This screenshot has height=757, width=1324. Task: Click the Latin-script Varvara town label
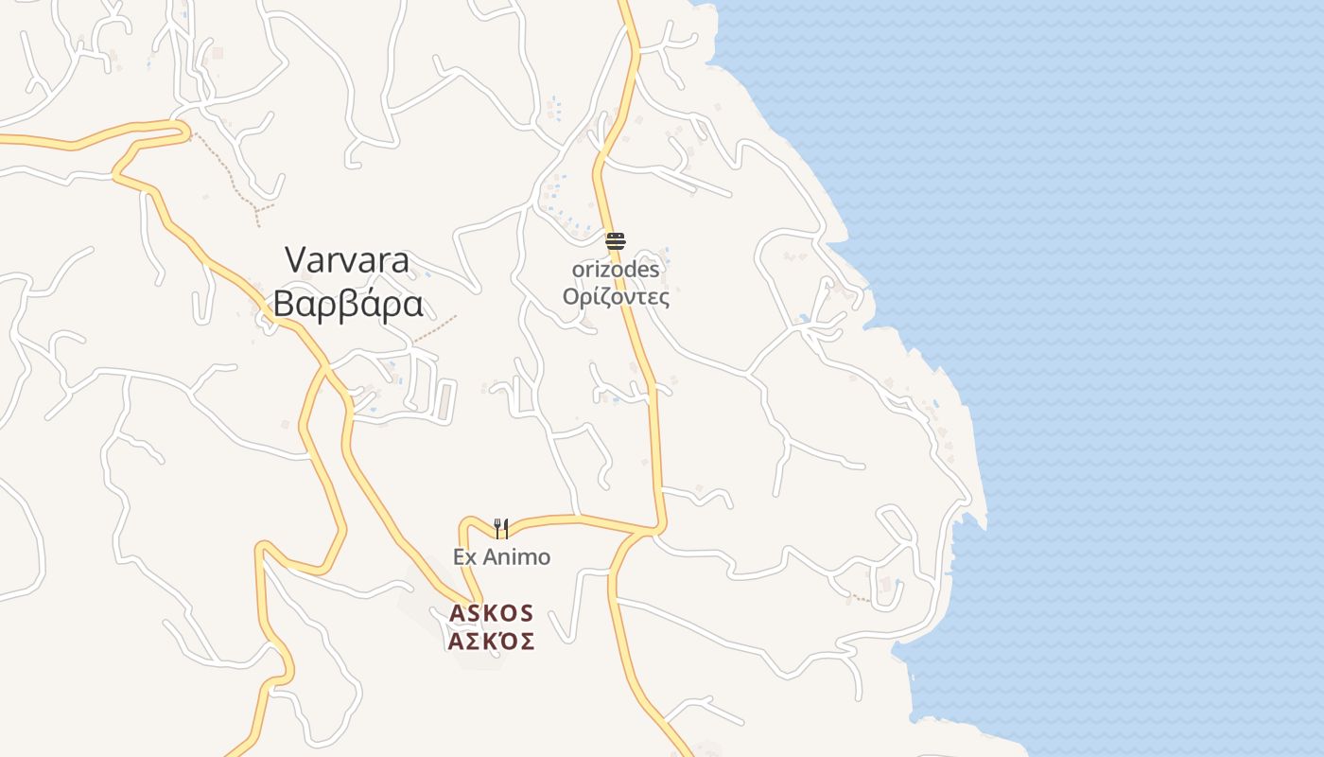point(347,260)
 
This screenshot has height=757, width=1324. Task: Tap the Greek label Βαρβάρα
point(347,305)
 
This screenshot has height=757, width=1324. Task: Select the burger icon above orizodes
point(616,241)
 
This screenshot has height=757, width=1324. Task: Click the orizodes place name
point(616,270)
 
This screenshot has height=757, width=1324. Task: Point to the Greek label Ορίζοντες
point(616,297)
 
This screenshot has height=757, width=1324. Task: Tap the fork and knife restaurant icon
point(501,528)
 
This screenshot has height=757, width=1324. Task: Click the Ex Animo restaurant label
point(501,556)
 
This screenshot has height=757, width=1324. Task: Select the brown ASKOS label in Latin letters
point(491,613)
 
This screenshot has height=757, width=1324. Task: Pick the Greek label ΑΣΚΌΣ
point(491,642)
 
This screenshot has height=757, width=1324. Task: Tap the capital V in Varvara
point(296,260)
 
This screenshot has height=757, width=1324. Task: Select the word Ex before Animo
point(464,556)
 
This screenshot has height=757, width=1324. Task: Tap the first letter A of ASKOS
point(457,613)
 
